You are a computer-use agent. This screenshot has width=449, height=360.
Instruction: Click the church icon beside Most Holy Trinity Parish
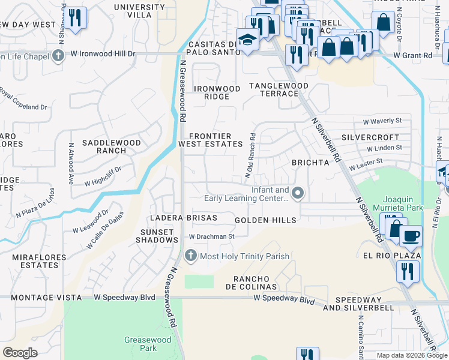click(x=191, y=256)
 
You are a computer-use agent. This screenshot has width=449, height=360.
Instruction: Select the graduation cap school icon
click(x=247, y=40)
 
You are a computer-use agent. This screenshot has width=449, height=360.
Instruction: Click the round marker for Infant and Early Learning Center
click(x=298, y=193)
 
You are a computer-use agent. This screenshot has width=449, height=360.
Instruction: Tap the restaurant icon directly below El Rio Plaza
click(x=406, y=272)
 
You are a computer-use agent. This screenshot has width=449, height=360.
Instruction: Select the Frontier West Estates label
click(x=210, y=140)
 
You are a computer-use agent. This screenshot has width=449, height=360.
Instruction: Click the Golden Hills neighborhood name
click(x=265, y=220)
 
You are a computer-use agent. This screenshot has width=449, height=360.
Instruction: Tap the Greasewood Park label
click(x=148, y=344)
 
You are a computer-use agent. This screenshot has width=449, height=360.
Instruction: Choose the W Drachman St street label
click(x=211, y=236)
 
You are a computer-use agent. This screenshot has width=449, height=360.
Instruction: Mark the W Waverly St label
click(x=385, y=121)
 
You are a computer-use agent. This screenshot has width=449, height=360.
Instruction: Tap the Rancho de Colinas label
click(x=255, y=283)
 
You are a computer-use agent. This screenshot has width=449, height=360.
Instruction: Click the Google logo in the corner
click(x=20, y=353)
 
